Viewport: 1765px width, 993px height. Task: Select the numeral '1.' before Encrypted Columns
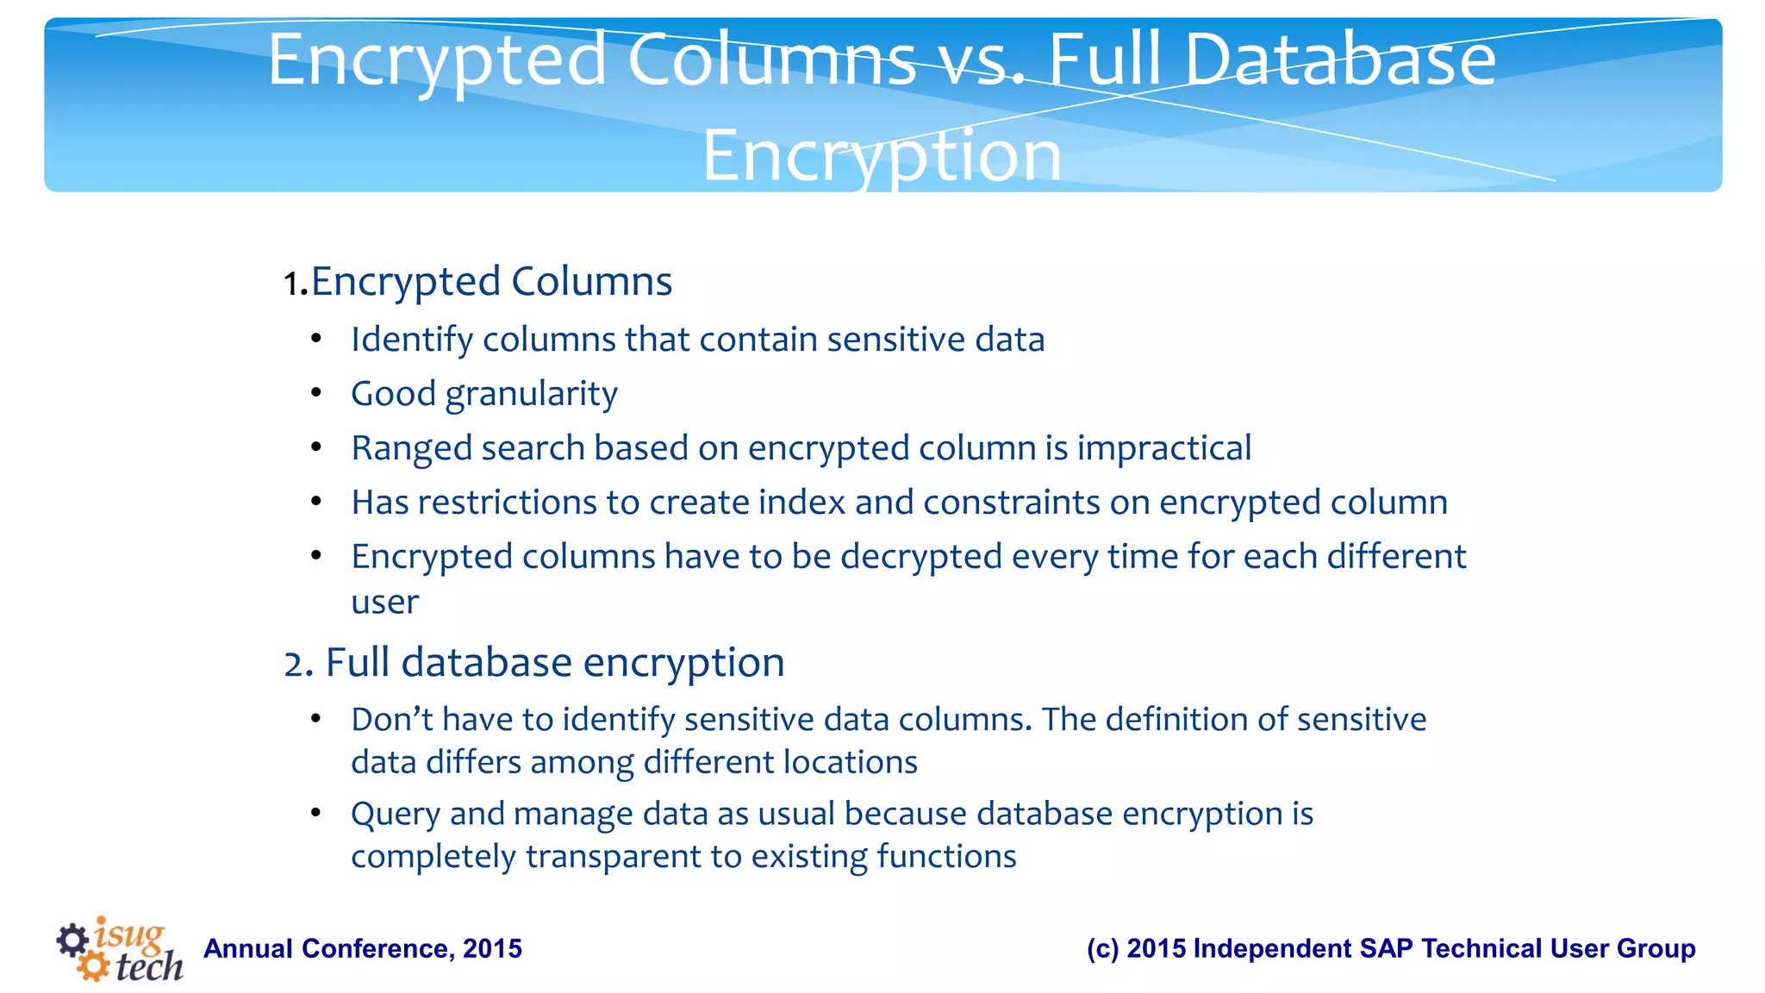(296, 284)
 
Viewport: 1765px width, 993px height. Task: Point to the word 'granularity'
(531, 395)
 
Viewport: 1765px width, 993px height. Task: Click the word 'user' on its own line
(384, 603)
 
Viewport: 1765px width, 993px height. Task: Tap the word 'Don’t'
(392, 719)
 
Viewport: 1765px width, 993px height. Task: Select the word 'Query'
(396, 815)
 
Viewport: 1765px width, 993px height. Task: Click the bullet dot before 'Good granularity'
(316, 394)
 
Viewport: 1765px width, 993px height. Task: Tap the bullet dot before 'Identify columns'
(316, 340)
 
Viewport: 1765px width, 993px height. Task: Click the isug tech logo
(120, 949)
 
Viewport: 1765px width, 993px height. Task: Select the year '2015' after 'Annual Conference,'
(492, 949)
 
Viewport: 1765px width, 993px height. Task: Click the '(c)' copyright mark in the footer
(1102, 949)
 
